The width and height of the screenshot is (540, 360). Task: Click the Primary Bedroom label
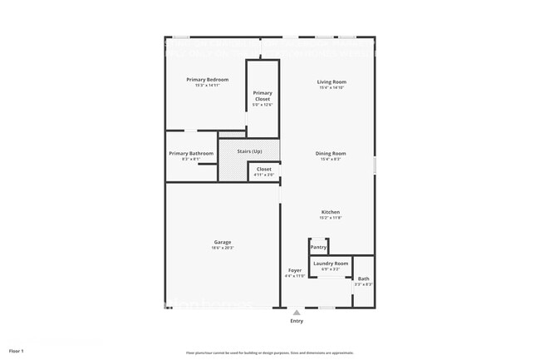point(207,79)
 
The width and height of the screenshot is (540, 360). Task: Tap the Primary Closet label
point(263,96)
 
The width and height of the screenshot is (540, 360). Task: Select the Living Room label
point(331,81)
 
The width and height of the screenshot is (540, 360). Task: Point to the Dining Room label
point(331,153)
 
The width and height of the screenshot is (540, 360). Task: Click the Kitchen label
point(331,212)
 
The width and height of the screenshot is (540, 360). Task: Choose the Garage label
point(222,242)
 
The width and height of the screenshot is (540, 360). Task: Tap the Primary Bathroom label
point(191,153)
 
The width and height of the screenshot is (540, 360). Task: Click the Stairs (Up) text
point(250,151)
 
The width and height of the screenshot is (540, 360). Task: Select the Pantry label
point(318,247)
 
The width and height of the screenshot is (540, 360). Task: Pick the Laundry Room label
point(331,264)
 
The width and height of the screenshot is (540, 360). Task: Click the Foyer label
point(295,270)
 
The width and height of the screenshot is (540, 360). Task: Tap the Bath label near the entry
point(364,279)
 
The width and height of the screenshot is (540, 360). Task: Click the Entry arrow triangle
point(297,313)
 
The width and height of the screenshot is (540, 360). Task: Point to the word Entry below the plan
point(297,321)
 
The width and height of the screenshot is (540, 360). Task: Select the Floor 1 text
point(17,352)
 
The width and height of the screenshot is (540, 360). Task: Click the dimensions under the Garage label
point(222,248)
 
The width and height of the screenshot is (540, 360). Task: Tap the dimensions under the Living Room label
point(331,87)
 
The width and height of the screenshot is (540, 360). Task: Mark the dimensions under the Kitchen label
point(331,218)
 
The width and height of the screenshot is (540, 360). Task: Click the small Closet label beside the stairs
point(263,169)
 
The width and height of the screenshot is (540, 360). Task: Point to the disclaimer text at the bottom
point(269,353)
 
